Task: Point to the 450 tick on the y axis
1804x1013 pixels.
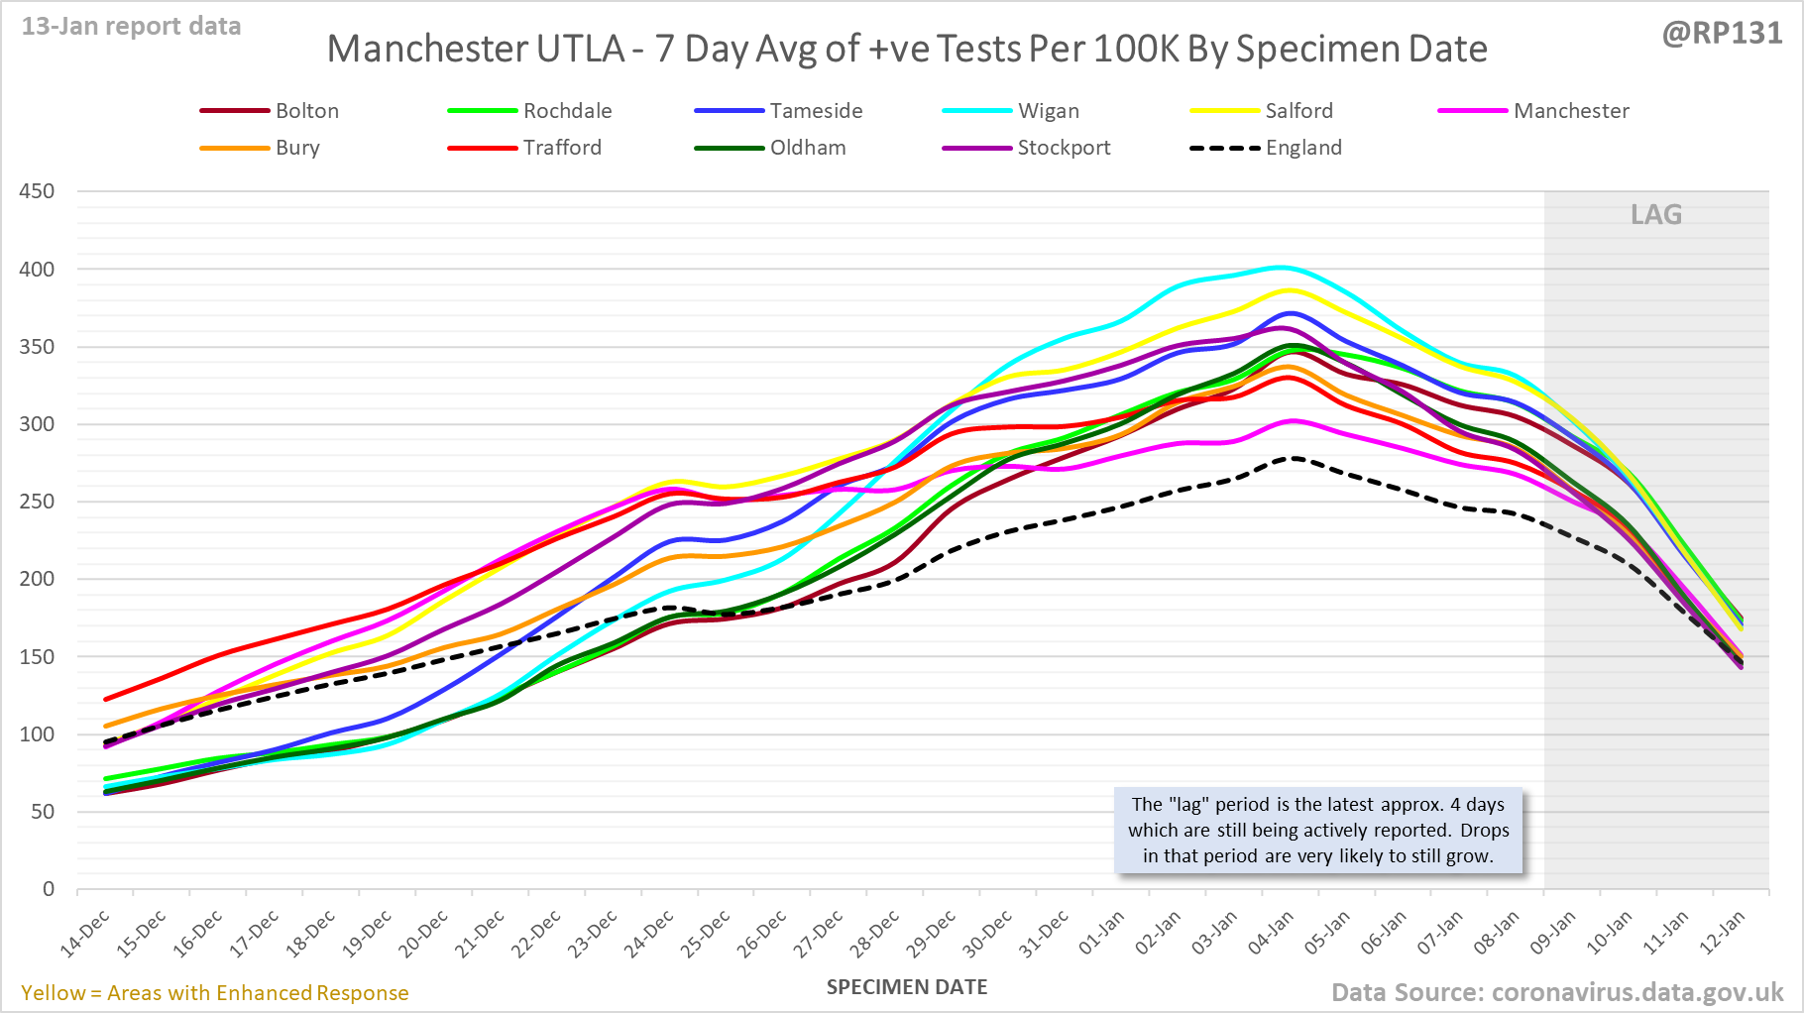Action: tap(37, 191)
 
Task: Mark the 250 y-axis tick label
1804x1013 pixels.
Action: tap(37, 502)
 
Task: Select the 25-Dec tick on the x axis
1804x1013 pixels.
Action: tap(706, 933)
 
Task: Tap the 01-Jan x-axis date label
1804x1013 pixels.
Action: tap(1101, 933)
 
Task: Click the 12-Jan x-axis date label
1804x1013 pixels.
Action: tap(1722, 933)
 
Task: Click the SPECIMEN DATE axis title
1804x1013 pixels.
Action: tap(907, 987)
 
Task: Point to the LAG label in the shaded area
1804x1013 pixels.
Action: tap(1656, 215)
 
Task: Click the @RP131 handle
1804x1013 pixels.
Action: tap(1722, 34)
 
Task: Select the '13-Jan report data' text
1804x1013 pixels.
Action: tap(132, 27)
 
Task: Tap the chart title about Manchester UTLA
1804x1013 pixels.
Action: tap(907, 49)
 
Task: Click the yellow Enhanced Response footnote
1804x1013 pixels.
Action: tap(215, 993)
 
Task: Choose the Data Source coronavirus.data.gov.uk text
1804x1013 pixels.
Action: tap(1557, 993)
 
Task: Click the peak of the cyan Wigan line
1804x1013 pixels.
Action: tap(1282, 267)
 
